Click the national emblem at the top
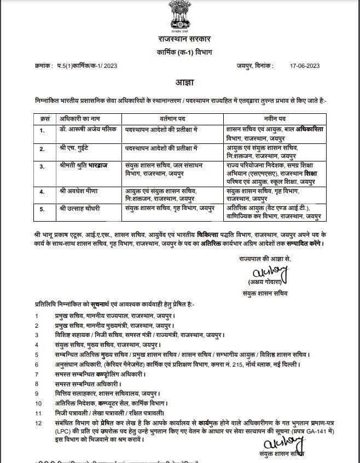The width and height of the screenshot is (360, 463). click(180, 17)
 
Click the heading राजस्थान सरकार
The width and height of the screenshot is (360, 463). click(180, 40)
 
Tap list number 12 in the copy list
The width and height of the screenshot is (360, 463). click(38, 424)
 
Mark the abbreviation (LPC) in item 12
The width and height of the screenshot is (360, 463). click(57, 432)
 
